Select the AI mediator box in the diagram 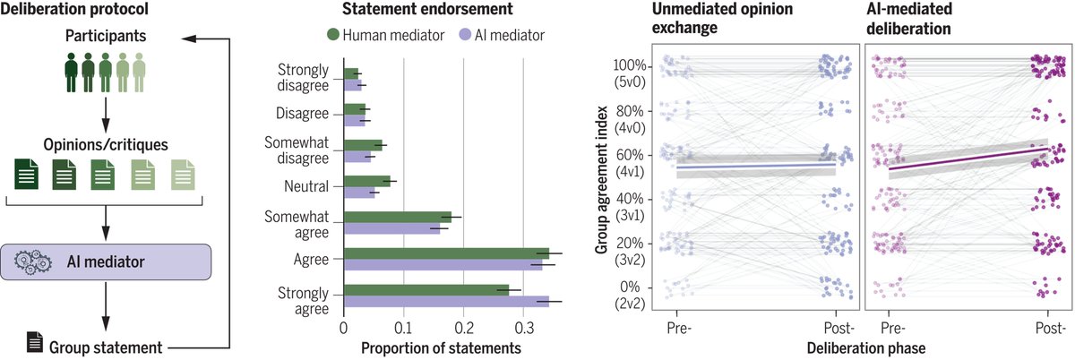tap(107, 262)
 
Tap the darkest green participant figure tap(72, 73)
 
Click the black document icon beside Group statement tap(34, 342)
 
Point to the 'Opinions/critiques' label tap(106, 143)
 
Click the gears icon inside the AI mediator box tap(40, 261)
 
